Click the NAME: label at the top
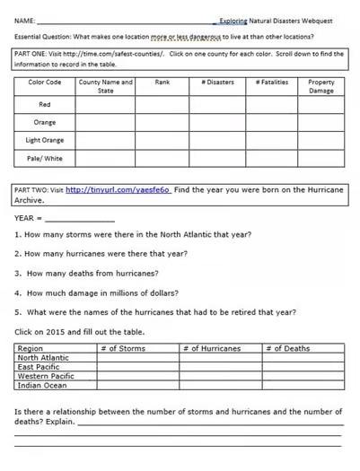25,18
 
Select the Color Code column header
44,83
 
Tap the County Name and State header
105,86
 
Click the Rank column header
162,83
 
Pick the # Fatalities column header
274,83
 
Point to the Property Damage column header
321,86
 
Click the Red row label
45,105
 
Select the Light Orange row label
45,141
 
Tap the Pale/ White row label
45,159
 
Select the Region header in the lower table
31,348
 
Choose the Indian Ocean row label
42,386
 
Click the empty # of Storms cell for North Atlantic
137,357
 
